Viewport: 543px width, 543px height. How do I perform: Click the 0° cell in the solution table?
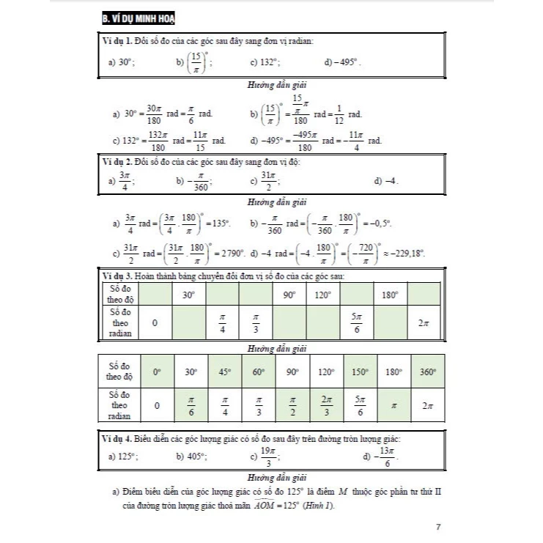pos(156,372)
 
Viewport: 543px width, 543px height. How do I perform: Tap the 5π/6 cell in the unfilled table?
pos(356,321)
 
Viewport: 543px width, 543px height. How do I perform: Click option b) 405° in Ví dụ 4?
pos(192,456)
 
